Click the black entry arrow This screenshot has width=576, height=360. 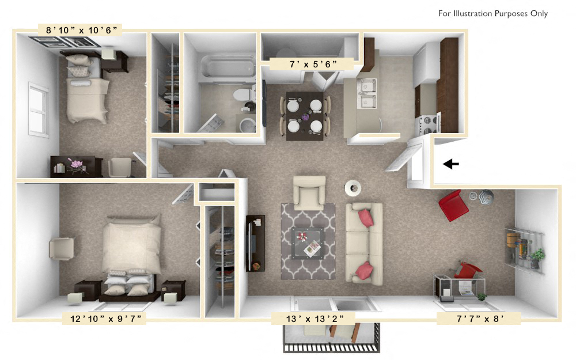(450, 164)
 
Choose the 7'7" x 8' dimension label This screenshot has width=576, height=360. (479, 317)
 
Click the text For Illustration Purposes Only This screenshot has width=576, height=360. (492, 14)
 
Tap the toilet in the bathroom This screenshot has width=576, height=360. (246, 93)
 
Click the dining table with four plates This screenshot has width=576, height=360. (305, 116)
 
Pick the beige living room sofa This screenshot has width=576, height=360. (363, 241)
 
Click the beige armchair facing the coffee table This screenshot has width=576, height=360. (309, 192)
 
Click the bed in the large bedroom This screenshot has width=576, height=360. (131, 253)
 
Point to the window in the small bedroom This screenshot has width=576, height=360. (39, 110)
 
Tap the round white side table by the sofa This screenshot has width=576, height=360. (353, 187)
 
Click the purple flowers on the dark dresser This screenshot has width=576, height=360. (77, 164)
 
